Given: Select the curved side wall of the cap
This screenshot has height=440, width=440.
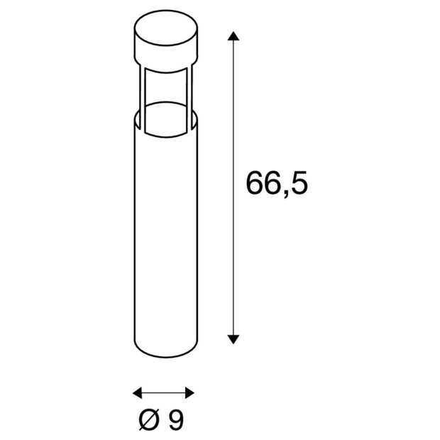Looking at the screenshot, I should click(x=163, y=55).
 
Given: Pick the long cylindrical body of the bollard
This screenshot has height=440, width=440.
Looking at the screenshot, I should click(x=164, y=234).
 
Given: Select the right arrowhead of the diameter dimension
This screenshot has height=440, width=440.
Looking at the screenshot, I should click(x=189, y=392).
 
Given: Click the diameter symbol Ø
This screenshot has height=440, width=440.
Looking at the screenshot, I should click(x=147, y=421).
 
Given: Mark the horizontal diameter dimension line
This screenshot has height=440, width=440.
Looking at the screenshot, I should click(x=164, y=392).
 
